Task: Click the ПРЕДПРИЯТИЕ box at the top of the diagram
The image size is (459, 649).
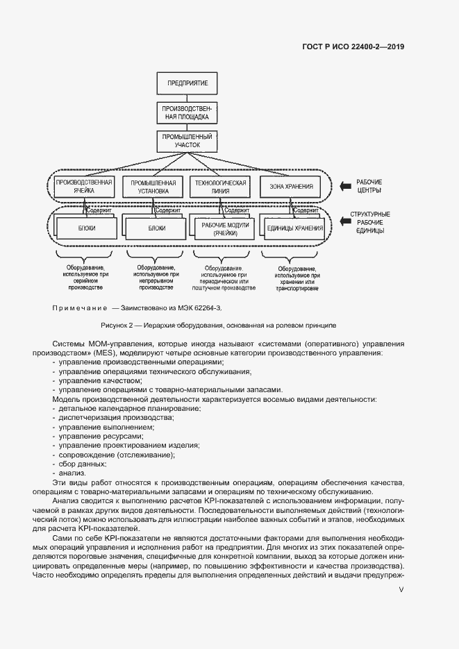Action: click(x=187, y=83)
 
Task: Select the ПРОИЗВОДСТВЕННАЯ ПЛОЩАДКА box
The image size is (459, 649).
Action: click(x=187, y=112)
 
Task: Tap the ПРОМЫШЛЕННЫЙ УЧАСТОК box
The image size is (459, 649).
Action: click(x=187, y=140)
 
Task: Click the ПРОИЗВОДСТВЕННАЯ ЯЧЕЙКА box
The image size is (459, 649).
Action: click(x=83, y=186)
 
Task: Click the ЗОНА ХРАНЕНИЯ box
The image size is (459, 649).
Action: click(x=291, y=186)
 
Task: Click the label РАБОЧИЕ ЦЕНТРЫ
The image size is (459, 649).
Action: click(x=369, y=185)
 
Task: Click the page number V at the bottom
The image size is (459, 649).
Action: click(x=401, y=590)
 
